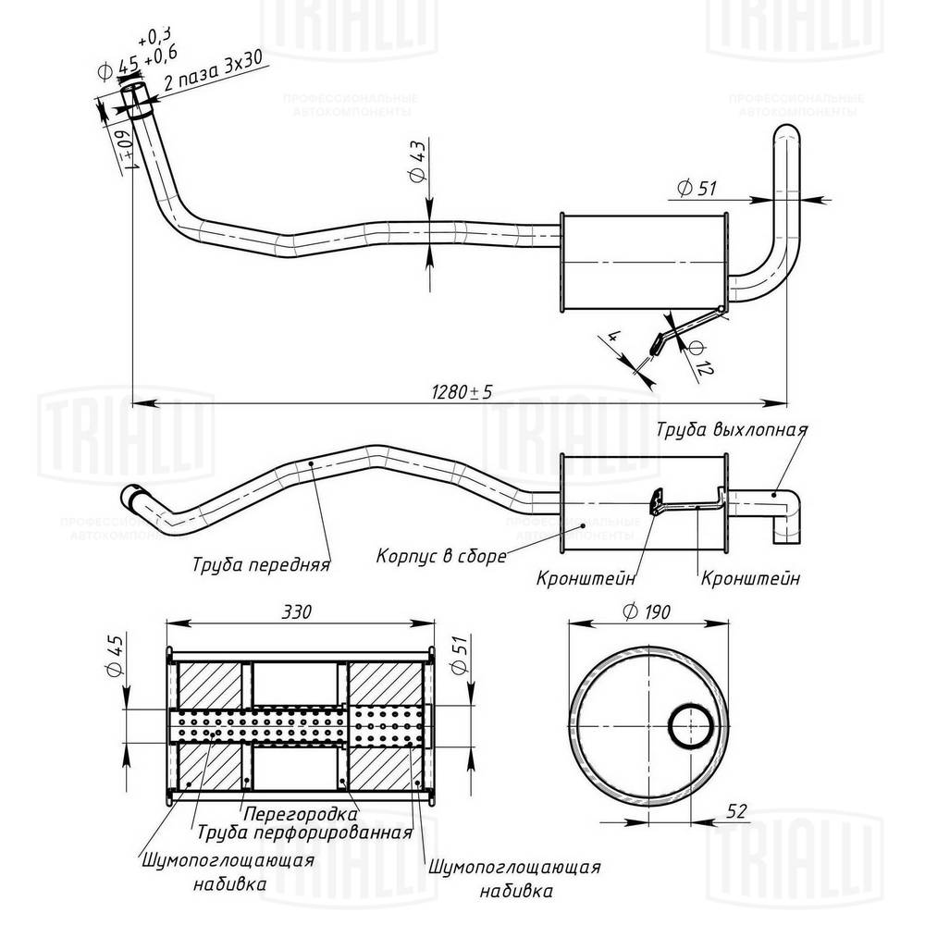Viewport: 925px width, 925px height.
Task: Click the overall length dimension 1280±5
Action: pyautogui.click(x=460, y=392)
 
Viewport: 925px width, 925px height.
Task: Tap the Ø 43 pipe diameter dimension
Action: pyautogui.click(x=416, y=164)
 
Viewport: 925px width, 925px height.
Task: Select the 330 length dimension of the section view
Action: pyautogui.click(x=298, y=612)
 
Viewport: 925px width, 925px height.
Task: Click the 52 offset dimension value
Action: pyautogui.click(x=736, y=812)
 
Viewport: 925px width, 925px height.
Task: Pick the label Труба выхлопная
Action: pyautogui.click(x=733, y=430)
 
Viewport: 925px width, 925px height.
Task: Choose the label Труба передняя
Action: pyautogui.click(x=262, y=563)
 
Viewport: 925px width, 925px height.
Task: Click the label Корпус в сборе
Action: pyautogui.click(x=441, y=557)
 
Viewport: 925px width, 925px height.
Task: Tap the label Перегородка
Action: pyautogui.click(x=301, y=815)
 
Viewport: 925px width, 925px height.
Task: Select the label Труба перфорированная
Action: pyautogui.click(x=303, y=832)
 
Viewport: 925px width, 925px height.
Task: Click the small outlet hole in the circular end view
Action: pyautogui.click(x=690, y=725)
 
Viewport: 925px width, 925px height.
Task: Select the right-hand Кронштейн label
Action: pyautogui.click(x=750, y=579)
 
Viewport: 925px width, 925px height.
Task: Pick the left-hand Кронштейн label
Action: pyautogui.click(x=586, y=579)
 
